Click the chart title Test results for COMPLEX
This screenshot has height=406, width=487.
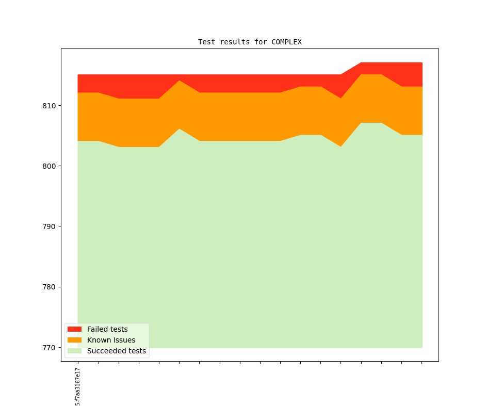pyautogui.click(x=250, y=42)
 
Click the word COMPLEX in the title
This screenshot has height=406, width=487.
pyautogui.click(x=286, y=42)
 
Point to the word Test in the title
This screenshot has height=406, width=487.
pyautogui.click(x=206, y=42)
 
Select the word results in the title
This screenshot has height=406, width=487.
pyautogui.click(x=234, y=42)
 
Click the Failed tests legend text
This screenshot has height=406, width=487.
pyautogui.click(x=107, y=329)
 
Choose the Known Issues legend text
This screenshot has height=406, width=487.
pyautogui.click(x=111, y=340)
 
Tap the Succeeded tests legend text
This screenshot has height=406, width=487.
pyautogui.click(x=116, y=351)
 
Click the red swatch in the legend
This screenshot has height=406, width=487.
pyautogui.click(x=75, y=329)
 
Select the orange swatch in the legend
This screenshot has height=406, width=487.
pyautogui.click(x=75, y=340)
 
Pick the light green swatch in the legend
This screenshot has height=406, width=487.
pyautogui.click(x=75, y=351)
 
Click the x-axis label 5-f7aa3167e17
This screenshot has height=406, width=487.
pyautogui.click(x=78, y=386)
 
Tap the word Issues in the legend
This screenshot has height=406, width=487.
pyautogui.click(x=124, y=340)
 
